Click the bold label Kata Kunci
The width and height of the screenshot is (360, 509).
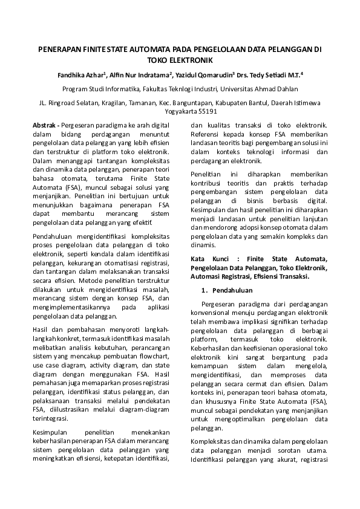click(x=209, y=259)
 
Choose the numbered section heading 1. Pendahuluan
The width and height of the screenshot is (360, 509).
click(x=227, y=291)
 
